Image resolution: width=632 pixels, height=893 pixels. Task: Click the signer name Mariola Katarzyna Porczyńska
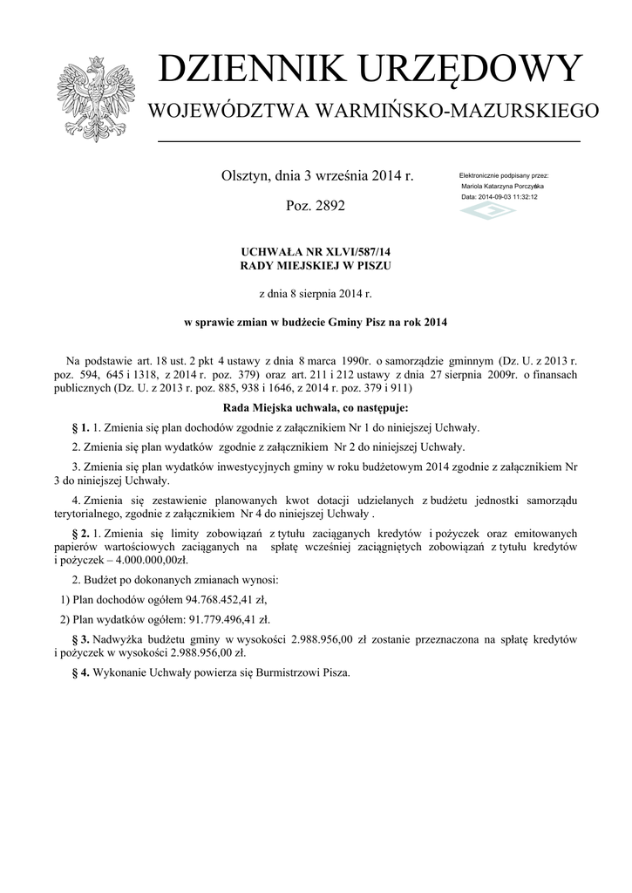point(502,187)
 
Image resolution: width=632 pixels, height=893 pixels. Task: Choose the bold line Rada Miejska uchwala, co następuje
point(316,407)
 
